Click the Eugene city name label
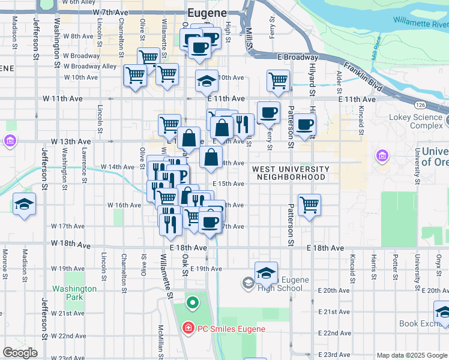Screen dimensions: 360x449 tap(207, 13)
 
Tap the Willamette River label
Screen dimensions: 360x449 tap(421, 23)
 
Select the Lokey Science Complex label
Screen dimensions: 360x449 tap(417, 122)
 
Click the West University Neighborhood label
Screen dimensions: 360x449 tap(291, 173)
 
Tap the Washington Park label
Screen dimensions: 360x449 tap(74, 293)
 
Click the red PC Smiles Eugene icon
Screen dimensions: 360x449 tap(188, 328)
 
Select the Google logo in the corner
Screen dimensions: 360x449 tap(20, 353)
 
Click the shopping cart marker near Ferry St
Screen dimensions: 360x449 tap(278, 80)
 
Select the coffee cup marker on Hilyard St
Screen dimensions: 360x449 tap(305, 124)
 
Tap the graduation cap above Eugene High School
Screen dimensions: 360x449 tap(266, 272)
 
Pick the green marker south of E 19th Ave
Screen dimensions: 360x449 tap(193, 302)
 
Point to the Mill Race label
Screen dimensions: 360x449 tap(377, 59)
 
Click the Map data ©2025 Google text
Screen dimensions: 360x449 tap(412, 355)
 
